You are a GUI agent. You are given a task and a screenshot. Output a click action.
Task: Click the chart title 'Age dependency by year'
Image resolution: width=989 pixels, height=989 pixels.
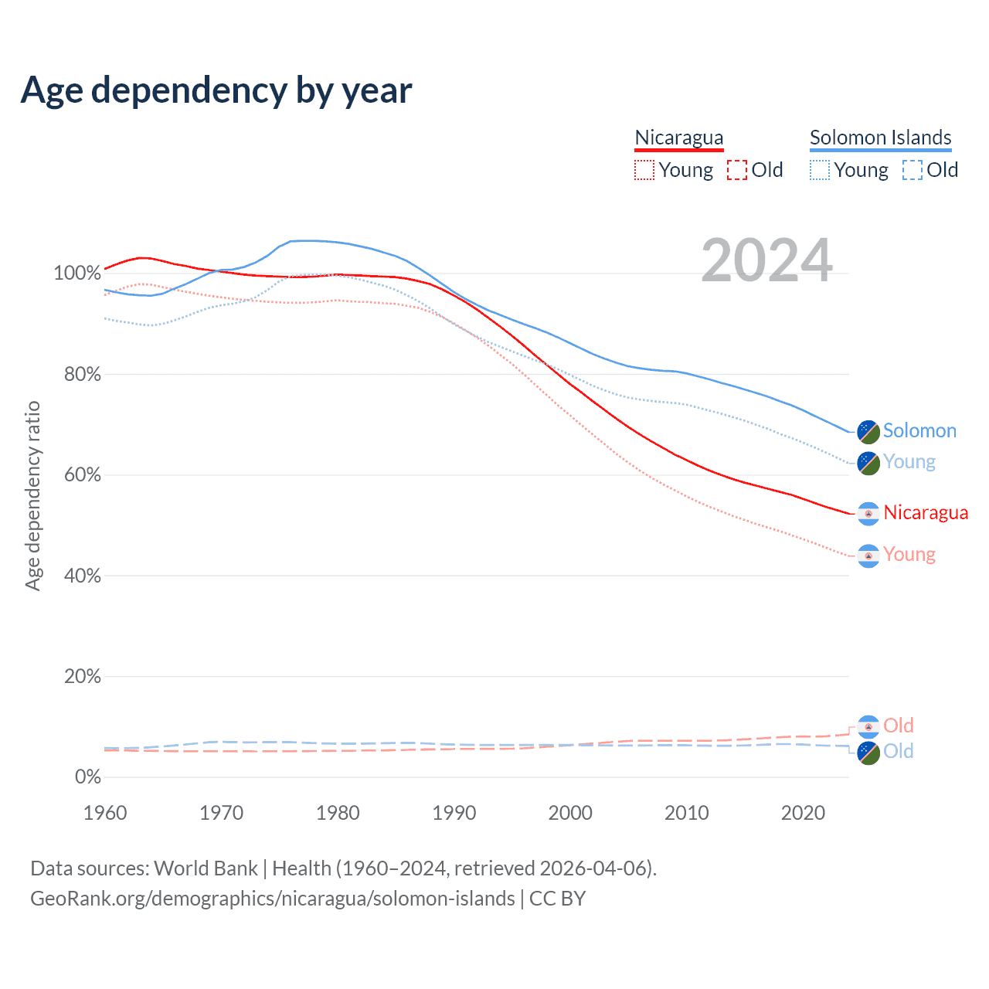point(216,90)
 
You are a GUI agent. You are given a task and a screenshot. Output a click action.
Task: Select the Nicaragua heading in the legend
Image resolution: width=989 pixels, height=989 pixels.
point(678,138)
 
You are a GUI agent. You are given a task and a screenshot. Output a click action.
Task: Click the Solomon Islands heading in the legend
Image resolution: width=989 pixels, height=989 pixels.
point(880,138)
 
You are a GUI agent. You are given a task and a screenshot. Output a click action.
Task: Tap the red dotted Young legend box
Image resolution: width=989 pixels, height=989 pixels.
point(644,170)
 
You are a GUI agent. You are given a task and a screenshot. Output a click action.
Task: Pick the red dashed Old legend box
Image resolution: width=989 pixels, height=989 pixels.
point(736,170)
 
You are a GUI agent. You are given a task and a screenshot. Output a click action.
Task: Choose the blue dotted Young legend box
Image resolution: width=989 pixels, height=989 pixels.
point(819,170)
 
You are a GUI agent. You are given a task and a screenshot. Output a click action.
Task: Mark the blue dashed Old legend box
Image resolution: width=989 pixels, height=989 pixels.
point(912,170)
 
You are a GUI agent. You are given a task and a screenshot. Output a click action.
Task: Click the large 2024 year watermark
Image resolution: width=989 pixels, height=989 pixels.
point(766,260)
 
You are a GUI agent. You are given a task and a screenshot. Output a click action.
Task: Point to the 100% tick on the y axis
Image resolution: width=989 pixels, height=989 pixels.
point(77,274)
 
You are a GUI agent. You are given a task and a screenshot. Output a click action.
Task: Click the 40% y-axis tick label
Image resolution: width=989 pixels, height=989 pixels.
point(82,576)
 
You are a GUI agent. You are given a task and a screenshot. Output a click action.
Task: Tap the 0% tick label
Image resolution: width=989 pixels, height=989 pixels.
point(87,777)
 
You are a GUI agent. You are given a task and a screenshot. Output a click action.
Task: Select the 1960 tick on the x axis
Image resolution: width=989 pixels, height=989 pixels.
point(105,813)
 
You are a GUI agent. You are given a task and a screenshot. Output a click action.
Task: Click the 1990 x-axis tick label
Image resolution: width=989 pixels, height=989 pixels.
point(454,813)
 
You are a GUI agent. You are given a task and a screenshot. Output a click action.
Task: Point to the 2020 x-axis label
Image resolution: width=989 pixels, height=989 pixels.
point(803,813)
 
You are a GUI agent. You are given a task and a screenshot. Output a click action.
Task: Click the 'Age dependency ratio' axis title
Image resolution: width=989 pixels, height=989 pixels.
point(32,495)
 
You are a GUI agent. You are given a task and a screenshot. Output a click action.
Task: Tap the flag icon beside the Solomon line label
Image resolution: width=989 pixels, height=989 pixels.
point(868,432)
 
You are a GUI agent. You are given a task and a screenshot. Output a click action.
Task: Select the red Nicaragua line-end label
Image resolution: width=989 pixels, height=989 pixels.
point(925,512)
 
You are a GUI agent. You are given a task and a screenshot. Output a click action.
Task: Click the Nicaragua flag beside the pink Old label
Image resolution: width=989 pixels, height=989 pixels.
point(868,726)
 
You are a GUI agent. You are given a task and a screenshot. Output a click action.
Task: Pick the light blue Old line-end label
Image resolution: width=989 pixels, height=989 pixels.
point(898,751)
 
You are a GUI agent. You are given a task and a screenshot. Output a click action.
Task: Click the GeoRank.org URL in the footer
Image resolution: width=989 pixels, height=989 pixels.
point(272,899)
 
